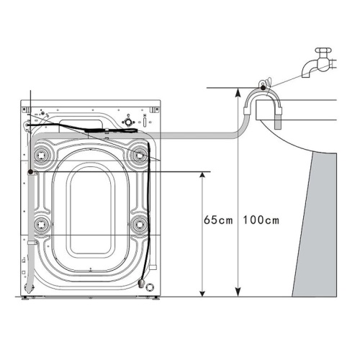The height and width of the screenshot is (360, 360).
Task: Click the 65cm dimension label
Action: pos(218,220)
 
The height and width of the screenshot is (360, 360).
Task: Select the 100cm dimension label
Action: pos(261,220)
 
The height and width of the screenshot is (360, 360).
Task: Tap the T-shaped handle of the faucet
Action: pos(323,50)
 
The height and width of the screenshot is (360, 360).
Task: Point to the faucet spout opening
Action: pos(306,75)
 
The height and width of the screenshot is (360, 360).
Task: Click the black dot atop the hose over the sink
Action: pos(264,88)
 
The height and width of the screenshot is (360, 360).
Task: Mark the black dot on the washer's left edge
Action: pos(30,172)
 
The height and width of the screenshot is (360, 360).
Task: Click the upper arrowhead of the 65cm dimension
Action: pos(202,174)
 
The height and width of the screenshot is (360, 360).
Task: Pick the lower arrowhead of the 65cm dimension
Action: pos(202,293)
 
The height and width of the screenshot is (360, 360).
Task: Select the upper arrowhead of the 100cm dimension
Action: pos(238,91)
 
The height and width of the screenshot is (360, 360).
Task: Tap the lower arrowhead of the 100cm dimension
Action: pos(238,293)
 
